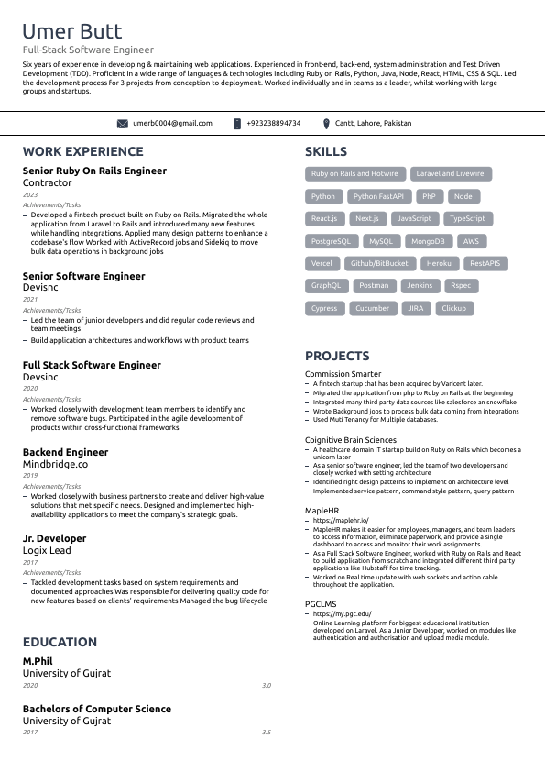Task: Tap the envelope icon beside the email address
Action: [x=123, y=123]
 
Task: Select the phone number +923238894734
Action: [x=273, y=123]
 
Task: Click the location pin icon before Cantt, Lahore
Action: [x=326, y=123]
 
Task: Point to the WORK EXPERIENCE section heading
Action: [x=82, y=151]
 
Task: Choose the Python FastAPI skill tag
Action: [x=378, y=196]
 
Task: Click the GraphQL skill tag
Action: [x=326, y=286]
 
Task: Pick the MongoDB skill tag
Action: [x=428, y=241]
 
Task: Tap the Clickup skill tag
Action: [x=453, y=309]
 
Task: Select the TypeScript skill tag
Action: [x=467, y=219]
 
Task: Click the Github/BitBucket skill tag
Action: [x=379, y=264]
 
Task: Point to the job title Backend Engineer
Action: [x=65, y=452]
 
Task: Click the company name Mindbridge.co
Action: [x=55, y=465]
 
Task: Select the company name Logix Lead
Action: [x=47, y=550]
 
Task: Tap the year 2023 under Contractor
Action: [x=30, y=195]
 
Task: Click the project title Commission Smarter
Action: [x=343, y=374]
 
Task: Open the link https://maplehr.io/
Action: [x=341, y=521]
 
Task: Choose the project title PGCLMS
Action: [x=321, y=604]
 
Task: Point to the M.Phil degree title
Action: [x=38, y=661]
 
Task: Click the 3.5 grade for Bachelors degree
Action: [x=266, y=733]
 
